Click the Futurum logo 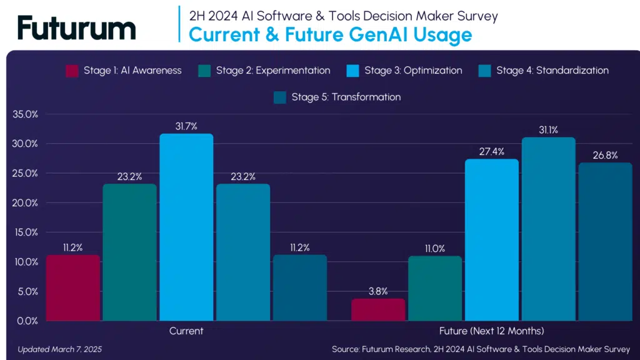(76, 28)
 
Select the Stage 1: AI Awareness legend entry (124, 71)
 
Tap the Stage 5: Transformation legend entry (337, 97)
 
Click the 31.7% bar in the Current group (186, 227)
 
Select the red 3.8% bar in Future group (378, 309)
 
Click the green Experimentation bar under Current (129, 252)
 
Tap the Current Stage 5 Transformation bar (299, 287)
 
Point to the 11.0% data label (434, 249)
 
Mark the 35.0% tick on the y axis (26, 114)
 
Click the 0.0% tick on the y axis (28, 321)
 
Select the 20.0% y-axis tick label (26, 203)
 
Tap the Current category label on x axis (186, 331)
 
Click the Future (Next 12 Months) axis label (491, 331)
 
